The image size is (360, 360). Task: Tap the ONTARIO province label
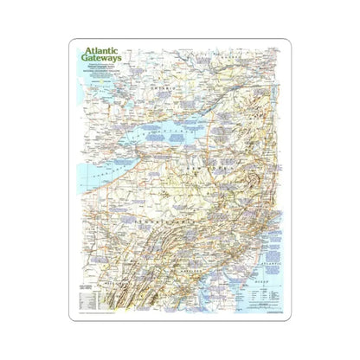(x=160, y=88)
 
